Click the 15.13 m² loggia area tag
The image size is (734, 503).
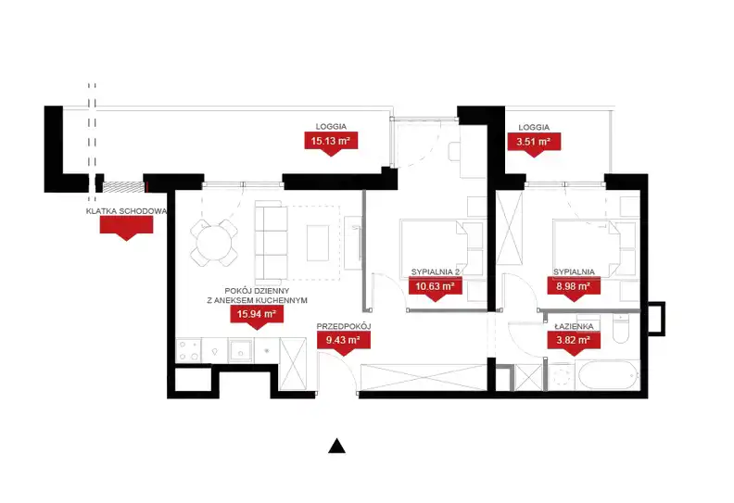331,142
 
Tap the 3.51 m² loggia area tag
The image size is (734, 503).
534,142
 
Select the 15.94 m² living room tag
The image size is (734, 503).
257,314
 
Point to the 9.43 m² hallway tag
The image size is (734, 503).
344,341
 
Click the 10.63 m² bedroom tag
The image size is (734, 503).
436,286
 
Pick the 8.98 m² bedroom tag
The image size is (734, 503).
574,286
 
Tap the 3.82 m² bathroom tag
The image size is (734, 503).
574,341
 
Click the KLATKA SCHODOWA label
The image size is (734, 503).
126,211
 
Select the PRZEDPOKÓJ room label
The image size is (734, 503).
344,326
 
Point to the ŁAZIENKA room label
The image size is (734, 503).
574,326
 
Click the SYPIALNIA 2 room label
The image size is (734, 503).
436,271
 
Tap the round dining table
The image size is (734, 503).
214,243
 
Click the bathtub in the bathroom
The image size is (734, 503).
609,375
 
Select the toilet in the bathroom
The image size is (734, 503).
621,330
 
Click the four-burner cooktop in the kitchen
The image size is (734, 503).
189,350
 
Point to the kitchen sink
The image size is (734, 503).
241,350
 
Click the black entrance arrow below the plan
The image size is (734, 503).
336,446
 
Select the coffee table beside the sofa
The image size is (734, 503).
318,244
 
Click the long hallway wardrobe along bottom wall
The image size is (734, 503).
424,377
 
